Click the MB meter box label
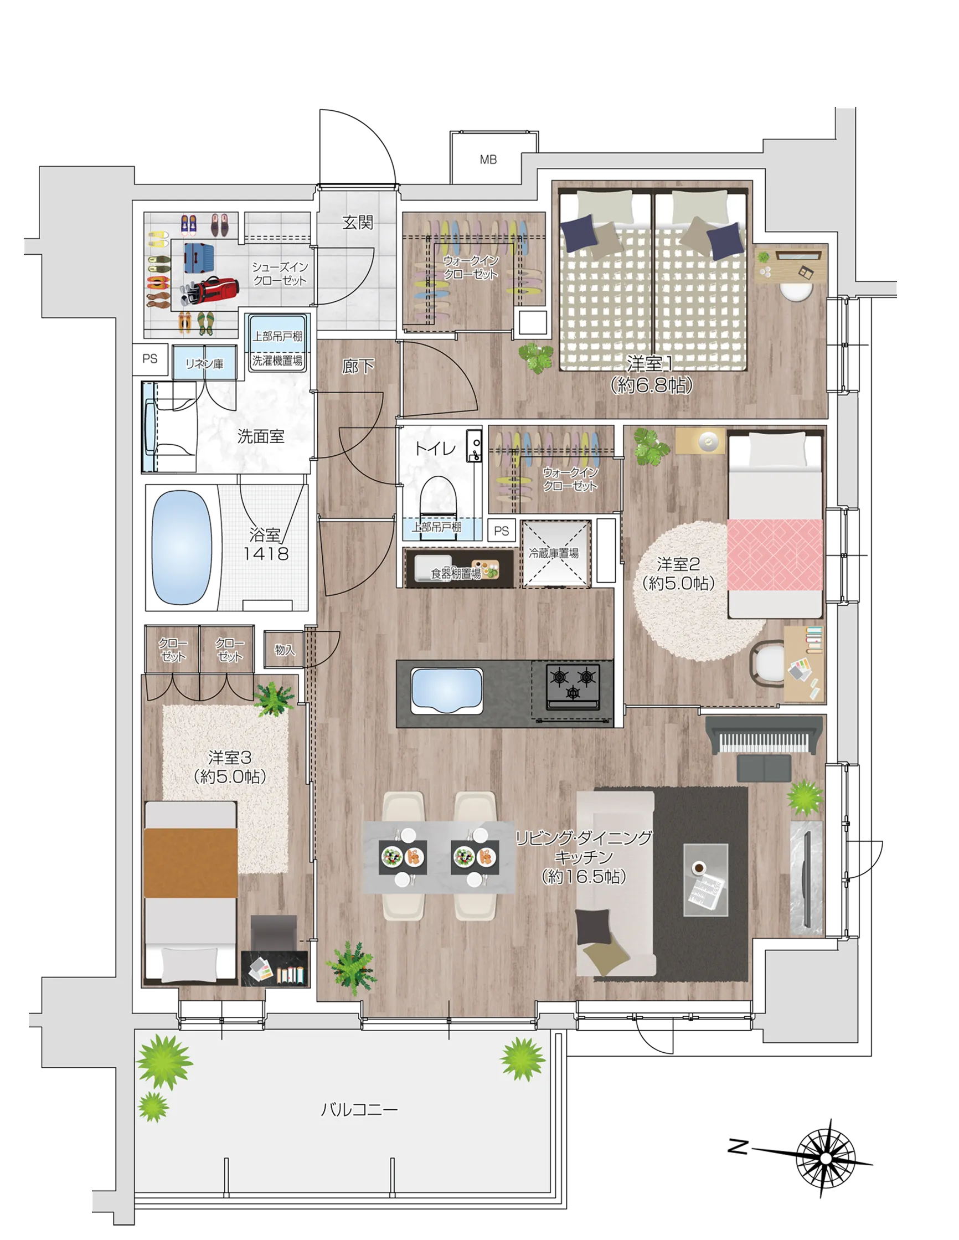[488, 160]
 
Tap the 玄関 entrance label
[358, 223]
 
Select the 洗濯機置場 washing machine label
[277, 360]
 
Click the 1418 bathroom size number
[266, 553]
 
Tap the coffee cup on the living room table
[698, 867]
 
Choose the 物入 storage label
[285, 650]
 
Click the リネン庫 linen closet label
[204, 363]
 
